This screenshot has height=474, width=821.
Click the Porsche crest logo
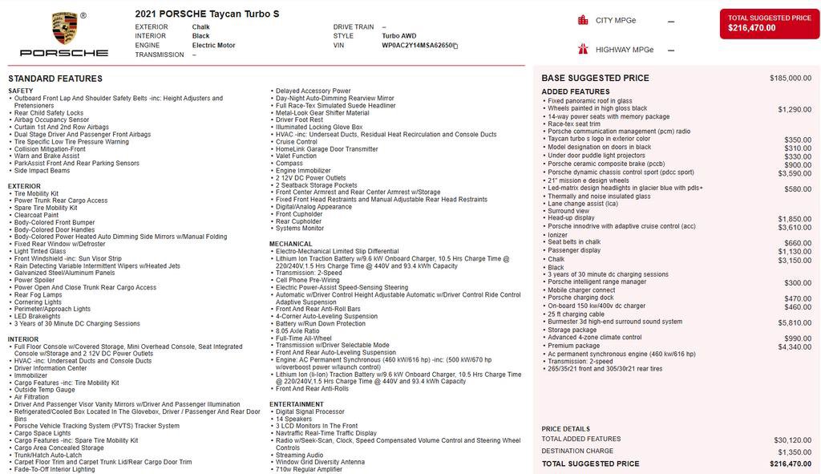pos(64,28)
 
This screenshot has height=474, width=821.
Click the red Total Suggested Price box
pos(769,22)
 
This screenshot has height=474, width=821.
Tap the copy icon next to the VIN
pos(455,46)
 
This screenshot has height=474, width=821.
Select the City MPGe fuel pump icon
pos(583,20)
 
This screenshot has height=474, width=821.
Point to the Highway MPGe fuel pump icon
pos(583,50)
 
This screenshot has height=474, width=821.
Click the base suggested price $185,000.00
pos(790,79)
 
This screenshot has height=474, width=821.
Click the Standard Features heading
pos(55,79)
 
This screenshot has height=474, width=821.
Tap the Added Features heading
pos(576,91)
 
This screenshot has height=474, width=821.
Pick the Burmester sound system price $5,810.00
pos(795,322)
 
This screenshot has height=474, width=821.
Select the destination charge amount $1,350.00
pos(794,452)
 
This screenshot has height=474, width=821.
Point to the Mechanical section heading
pos(291,244)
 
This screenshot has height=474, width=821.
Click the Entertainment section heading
pos(297,404)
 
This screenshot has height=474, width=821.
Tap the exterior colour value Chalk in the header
pos(200,26)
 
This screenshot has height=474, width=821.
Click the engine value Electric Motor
pos(213,46)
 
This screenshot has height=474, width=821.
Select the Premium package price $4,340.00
pos(795,346)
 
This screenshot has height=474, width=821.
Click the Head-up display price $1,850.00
pos(795,219)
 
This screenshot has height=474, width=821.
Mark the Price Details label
pos(565,429)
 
